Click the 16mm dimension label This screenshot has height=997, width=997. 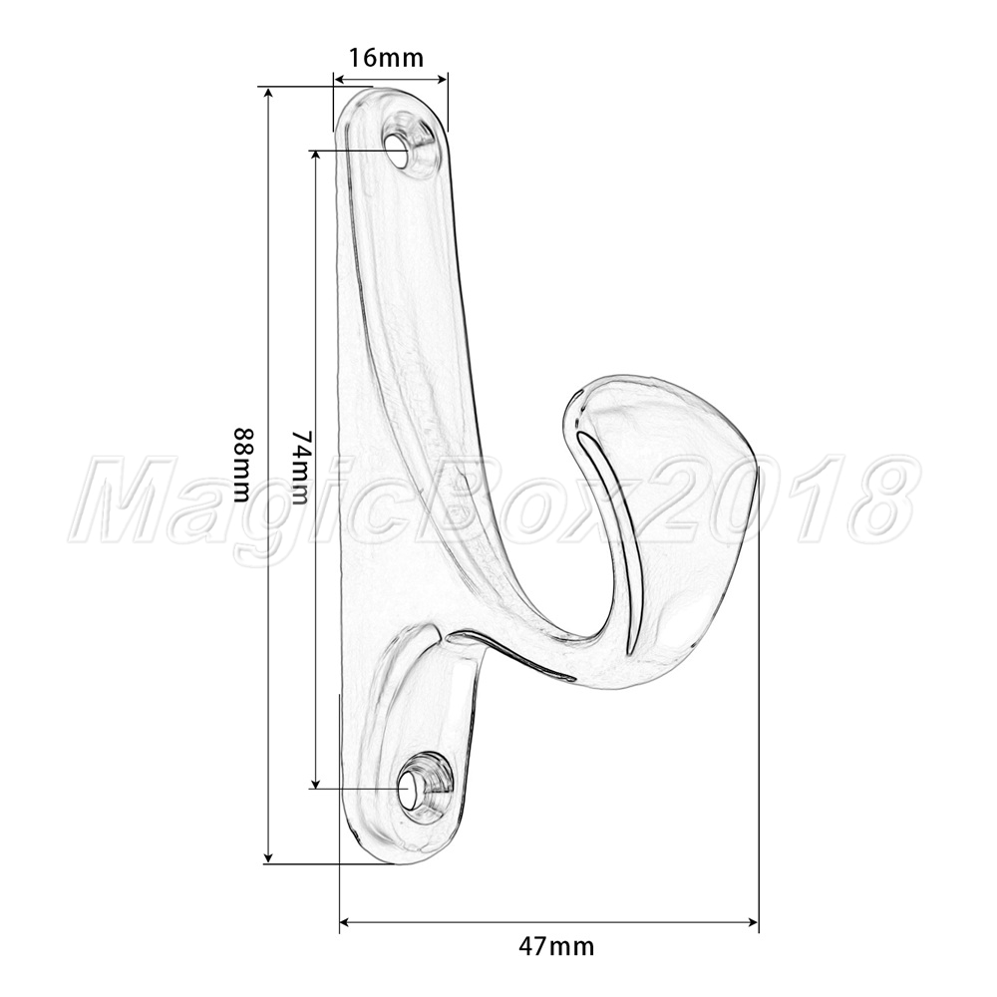(x=386, y=57)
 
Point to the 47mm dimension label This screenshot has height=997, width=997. (x=556, y=946)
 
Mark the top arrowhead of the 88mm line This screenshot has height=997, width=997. (x=268, y=94)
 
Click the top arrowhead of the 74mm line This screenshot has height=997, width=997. (x=315, y=158)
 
